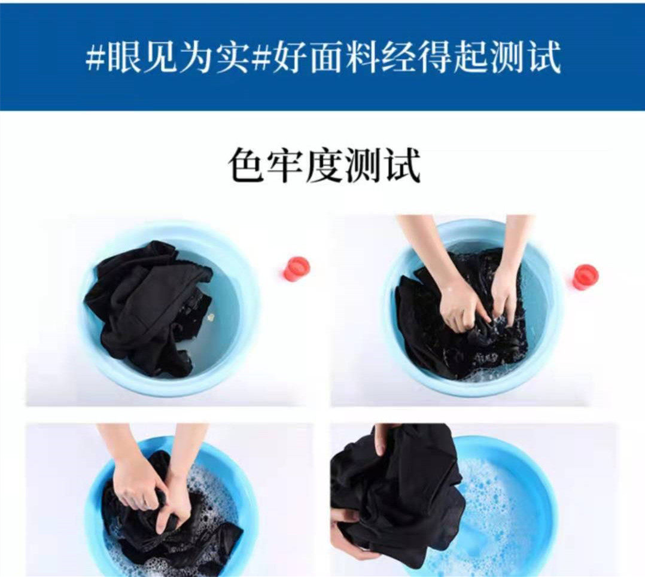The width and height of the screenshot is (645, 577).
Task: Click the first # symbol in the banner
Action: click(x=96, y=57)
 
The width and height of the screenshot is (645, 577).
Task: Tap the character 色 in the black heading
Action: click(x=245, y=166)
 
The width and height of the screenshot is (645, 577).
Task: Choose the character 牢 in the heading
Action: click(x=285, y=166)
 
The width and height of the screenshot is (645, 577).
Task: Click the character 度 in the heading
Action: click(x=324, y=166)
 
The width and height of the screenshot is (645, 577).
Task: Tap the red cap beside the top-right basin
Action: click(x=585, y=277)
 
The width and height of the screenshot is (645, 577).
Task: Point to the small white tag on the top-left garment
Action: click(x=211, y=317)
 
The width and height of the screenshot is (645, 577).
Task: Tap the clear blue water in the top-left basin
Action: click(x=224, y=312)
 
